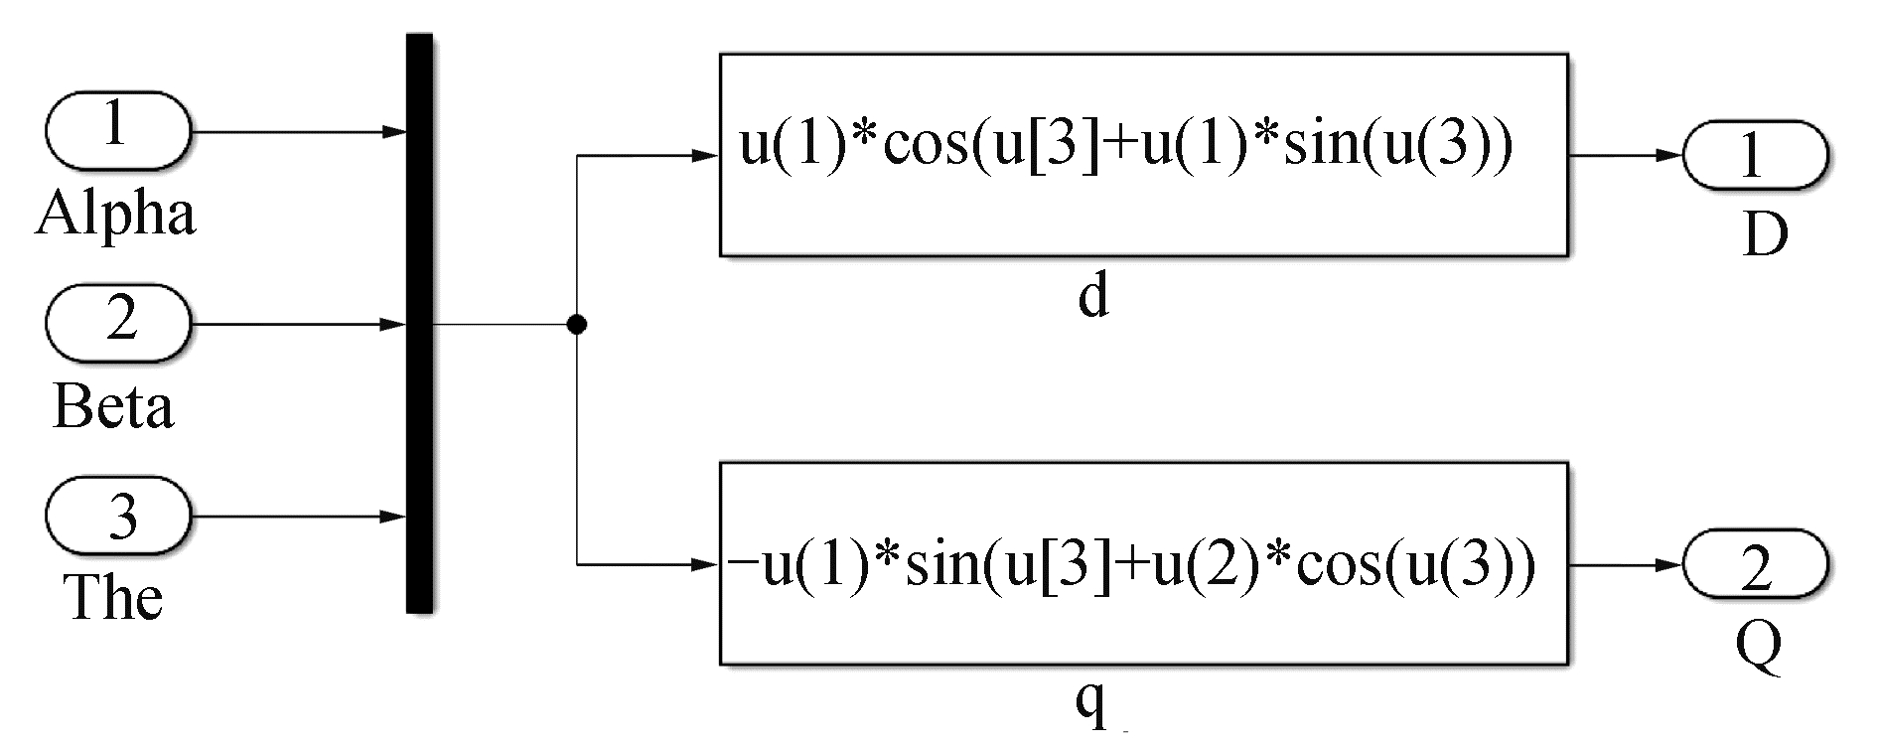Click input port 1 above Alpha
point(117,130)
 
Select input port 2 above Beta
point(117,323)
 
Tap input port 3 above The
point(117,516)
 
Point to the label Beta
point(113,407)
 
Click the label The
point(113,598)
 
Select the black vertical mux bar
point(419,323)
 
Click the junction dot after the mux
point(576,324)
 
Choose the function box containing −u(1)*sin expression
point(1143,563)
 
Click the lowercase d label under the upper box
point(1092,295)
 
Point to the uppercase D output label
point(1765,236)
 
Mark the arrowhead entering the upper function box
point(706,156)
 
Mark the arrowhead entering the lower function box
point(706,565)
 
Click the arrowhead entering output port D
point(1670,156)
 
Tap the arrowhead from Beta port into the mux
point(394,324)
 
